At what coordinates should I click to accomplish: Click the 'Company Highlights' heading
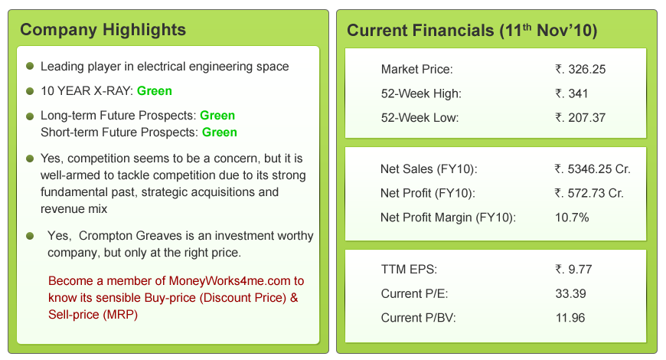[103, 30]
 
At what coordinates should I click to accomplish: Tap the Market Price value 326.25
[580, 69]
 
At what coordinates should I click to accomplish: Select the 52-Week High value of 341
[571, 93]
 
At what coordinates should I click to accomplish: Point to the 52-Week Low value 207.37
[580, 118]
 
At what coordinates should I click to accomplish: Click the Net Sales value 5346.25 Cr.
[592, 169]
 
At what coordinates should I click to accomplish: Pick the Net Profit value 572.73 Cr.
[589, 193]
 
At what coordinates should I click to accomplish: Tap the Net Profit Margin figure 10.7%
[572, 218]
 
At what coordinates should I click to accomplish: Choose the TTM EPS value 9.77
[573, 270]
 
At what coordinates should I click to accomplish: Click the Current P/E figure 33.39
[570, 293]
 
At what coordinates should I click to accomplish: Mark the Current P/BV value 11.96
[570, 318]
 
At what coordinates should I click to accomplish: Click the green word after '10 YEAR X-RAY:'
[154, 91]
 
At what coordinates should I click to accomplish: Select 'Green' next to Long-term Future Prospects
[217, 116]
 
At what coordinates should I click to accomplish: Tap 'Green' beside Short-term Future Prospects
[219, 133]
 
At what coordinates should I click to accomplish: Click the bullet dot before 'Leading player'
[30, 66]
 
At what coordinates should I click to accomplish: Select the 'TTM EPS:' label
[409, 270]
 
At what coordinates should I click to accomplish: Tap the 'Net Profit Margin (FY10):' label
[448, 218]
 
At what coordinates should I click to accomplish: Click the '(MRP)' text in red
[122, 315]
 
